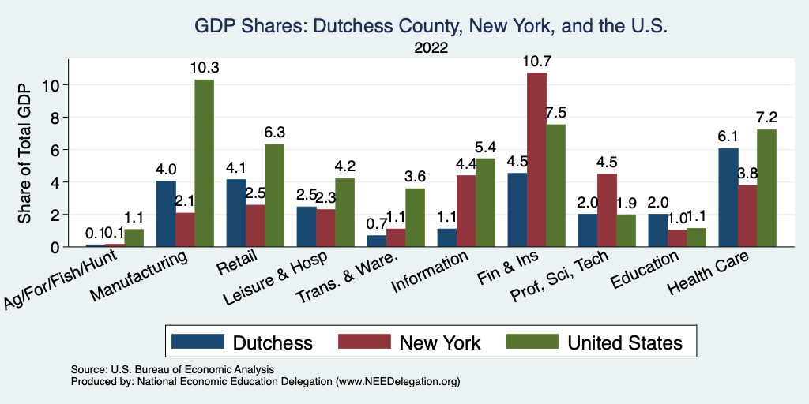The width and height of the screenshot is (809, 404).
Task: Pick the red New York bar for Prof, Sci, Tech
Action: tap(607, 210)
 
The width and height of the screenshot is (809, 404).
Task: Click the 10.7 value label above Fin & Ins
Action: tap(536, 61)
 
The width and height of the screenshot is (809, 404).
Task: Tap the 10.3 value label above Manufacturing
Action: tap(205, 68)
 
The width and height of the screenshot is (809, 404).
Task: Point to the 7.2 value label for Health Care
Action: tap(767, 118)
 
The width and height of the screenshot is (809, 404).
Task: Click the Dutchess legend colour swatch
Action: tap(196, 342)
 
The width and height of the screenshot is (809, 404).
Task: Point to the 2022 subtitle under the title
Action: tap(431, 48)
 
